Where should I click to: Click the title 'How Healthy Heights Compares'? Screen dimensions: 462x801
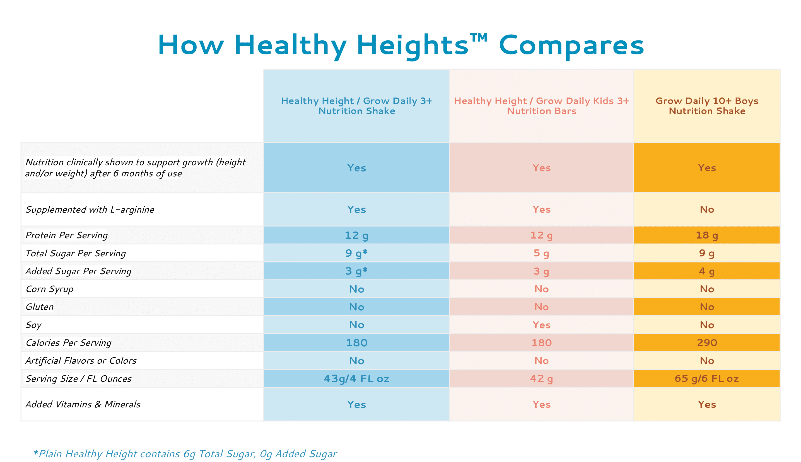click(x=400, y=45)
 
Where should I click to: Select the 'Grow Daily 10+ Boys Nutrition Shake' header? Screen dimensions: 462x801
click(x=707, y=106)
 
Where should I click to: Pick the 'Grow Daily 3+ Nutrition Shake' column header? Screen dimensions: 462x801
click(x=356, y=106)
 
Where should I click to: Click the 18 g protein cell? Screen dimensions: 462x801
click(x=707, y=235)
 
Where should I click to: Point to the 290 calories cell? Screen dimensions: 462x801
click(x=707, y=343)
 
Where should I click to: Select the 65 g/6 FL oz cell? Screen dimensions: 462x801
click(x=707, y=379)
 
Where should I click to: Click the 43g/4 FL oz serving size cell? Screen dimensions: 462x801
click(x=356, y=379)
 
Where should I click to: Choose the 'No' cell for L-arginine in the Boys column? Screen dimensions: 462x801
click(x=707, y=210)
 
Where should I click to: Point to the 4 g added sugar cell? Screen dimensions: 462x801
click(x=707, y=271)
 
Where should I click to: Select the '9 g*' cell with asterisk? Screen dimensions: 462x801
click(x=356, y=253)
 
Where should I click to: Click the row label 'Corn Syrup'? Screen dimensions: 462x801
click(x=50, y=289)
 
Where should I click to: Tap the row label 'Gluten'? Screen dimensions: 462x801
click(x=40, y=307)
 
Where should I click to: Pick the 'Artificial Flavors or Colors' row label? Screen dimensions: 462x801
click(x=81, y=361)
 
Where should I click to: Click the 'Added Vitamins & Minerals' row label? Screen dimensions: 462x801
click(x=83, y=404)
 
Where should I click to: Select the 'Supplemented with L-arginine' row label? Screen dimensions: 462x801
click(x=90, y=210)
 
